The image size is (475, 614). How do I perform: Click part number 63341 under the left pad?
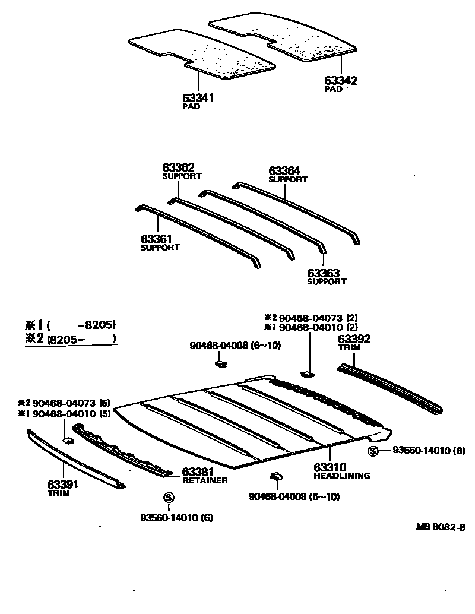tap(198, 98)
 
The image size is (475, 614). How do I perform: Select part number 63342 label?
tap(341, 81)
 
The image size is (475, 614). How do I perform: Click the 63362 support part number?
tap(179, 168)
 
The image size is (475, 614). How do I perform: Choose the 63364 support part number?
tap(284, 171)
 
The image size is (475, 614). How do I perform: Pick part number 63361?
tap(157, 239)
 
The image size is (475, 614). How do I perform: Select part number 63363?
tap(323, 273)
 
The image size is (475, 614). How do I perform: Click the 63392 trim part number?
tap(354, 339)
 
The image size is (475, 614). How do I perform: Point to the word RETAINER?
tap(205, 480)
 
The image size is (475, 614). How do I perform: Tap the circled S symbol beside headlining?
tap(373, 451)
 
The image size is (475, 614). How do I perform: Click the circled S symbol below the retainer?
tap(168, 497)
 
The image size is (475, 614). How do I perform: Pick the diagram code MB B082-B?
tap(441, 527)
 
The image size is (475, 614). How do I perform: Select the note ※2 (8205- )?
tap(70, 339)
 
